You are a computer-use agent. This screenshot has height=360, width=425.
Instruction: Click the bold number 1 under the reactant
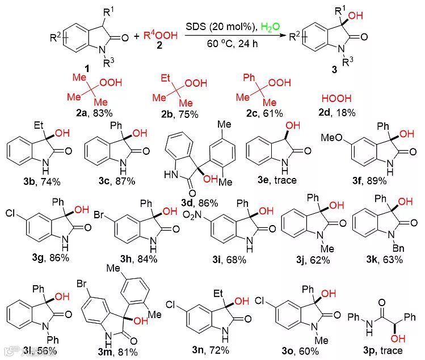click(x=86, y=69)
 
